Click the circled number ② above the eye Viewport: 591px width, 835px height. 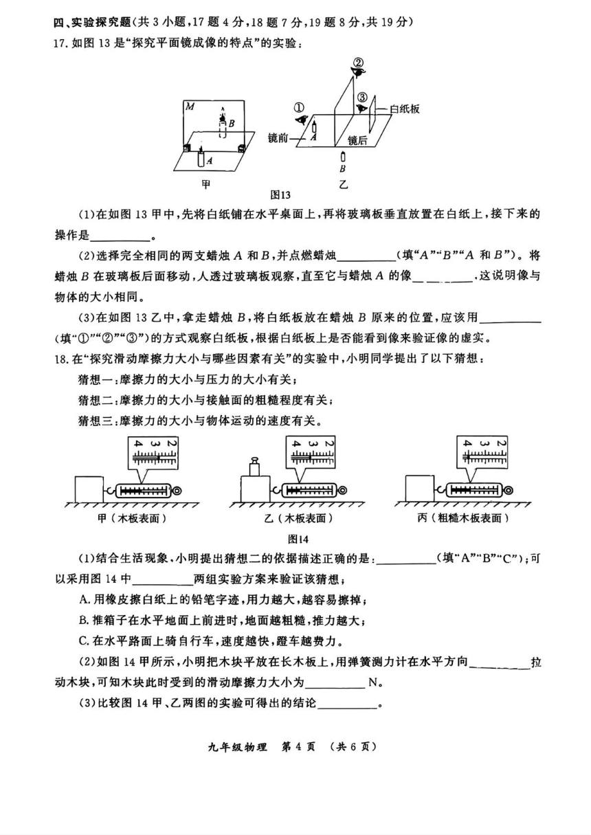tap(358, 63)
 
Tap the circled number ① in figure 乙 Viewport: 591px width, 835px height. tap(299, 108)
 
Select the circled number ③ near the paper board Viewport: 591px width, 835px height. tap(362, 98)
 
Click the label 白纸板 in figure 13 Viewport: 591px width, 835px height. tap(405, 109)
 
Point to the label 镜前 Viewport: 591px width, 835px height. tap(278, 138)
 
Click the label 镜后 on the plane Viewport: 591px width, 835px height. tap(357, 140)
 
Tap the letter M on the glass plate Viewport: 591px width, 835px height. tap(190, 107)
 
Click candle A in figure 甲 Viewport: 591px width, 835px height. tap(201, 157)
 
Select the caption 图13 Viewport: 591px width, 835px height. tap(280, 195)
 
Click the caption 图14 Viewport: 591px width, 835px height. tap(298, 539)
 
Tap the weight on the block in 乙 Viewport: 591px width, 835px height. tap(254, 467)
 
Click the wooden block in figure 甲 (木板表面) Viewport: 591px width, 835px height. tap(89, 489)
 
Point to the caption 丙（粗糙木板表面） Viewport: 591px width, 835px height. tap(463, 517)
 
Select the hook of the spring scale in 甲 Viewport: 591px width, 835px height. tap(109, 491)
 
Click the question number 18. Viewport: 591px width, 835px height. tap(60, 359)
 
